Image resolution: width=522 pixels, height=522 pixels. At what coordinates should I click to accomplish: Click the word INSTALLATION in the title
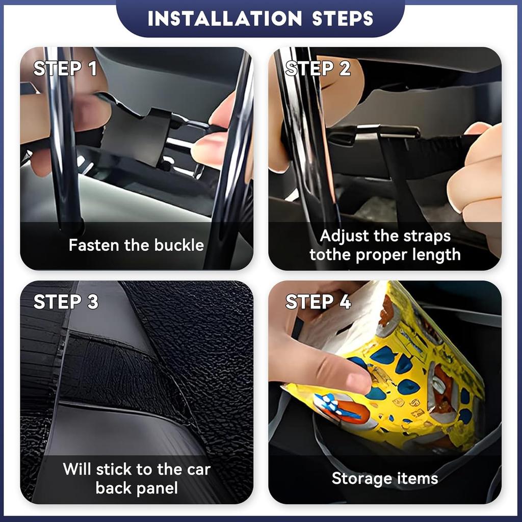coord(224,18)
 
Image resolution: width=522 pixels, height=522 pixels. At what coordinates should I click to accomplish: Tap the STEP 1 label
coord(65,68)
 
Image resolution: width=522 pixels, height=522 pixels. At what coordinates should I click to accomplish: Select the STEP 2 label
coord(318,68)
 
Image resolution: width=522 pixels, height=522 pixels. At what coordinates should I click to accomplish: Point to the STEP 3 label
coord(66,301)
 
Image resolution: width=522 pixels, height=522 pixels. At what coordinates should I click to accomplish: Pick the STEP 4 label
coord(318,301)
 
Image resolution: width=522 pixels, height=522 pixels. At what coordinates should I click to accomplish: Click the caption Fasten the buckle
coord(136,245)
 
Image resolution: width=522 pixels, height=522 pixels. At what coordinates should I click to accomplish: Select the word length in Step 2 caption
coord(435,254)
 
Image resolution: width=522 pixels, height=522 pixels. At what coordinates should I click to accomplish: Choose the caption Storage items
coord(384,478)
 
